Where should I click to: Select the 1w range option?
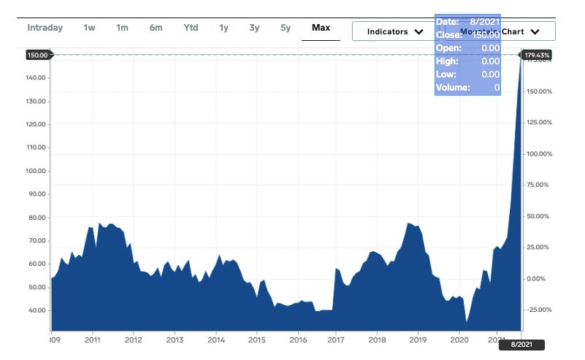89,28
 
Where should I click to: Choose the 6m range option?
156,28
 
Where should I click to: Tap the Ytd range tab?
191,28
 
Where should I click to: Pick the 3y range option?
254,28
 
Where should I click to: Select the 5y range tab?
286,28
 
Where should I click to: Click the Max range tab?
321,28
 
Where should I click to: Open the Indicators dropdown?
394,31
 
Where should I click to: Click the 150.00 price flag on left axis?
37,55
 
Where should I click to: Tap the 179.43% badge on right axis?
538,55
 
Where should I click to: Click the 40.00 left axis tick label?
37,310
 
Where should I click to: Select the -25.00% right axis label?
539,310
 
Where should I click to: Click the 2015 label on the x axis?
256,340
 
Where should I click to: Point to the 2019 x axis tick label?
418,340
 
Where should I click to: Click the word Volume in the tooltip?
452,88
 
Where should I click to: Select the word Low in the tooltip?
446,74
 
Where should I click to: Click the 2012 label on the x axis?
133,340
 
